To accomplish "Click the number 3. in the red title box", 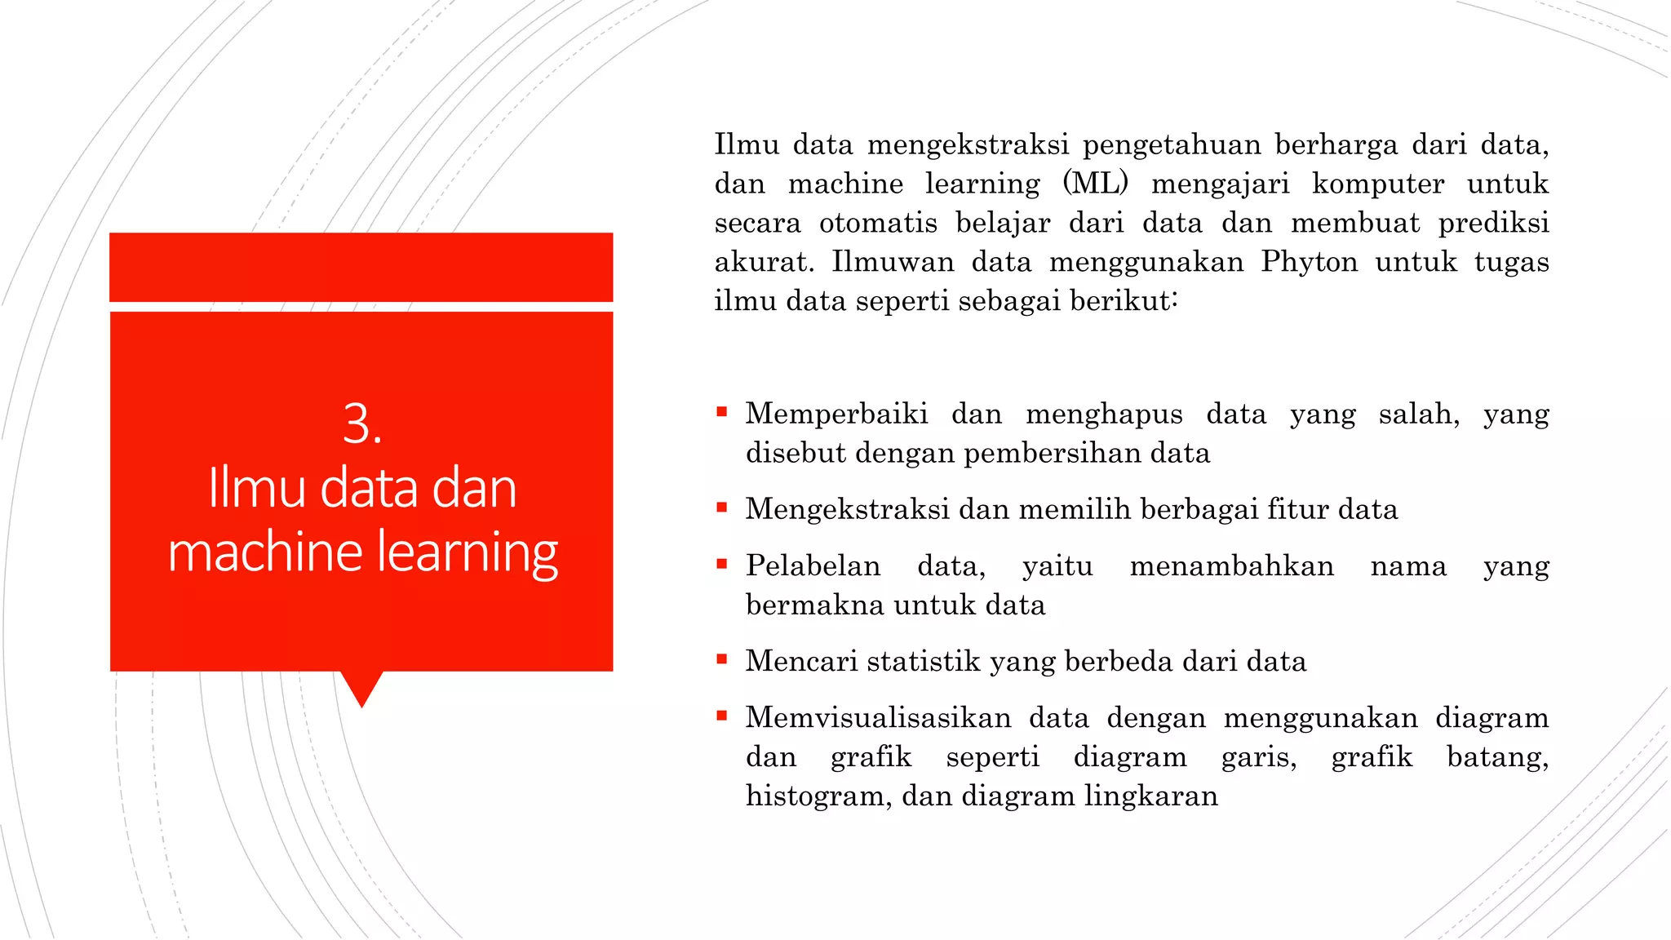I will click(362, 424).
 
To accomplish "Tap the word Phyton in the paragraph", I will click(1309, 262).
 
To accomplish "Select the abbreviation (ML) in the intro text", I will click(1096, 184).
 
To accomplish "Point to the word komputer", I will click(1377, 184).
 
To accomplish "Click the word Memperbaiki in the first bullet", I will click(836, 414).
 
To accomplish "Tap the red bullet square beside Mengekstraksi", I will click(721, 508).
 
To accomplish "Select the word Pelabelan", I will click(813, 565).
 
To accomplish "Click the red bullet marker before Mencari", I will click(721, 659).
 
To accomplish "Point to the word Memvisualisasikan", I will click(878, 718).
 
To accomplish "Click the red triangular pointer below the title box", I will click(361, 687).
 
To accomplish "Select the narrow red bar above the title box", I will click(361, 267).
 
